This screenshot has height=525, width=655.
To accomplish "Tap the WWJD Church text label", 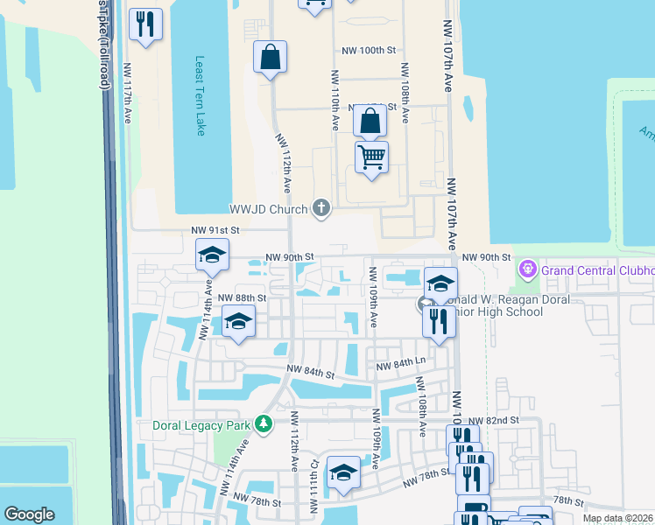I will (268, 209).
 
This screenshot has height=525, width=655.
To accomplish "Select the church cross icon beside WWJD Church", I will (321, 208).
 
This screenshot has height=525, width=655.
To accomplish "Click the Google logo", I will (30, 514).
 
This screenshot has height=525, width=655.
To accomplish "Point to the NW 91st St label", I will (215, 230).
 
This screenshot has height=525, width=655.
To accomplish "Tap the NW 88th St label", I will (241, 297).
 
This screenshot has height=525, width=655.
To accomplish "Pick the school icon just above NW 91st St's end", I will (212, 255).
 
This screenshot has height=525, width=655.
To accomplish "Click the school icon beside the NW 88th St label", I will (238, 321).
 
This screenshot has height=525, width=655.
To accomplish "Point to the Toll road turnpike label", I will (104, 44).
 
